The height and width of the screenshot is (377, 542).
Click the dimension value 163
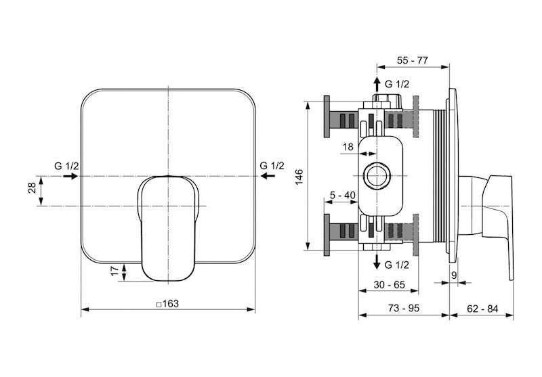click(x=171, y=304)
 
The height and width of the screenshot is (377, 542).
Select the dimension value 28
click(x=32, y=187)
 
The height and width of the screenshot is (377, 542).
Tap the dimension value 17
click(x=114, y=271)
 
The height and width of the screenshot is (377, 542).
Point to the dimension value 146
click(x=299, y=177)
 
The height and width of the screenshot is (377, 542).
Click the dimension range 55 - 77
click(x=413, y=60)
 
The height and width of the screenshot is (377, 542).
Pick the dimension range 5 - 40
click(x=342, y=196)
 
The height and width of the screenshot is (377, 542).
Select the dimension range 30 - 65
click(x=389, y=285)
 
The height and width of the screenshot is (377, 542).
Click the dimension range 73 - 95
click(x=403, y=308)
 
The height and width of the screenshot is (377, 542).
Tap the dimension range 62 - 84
click(x=482, y=309)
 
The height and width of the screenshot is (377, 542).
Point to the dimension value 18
click(x=348, y=147)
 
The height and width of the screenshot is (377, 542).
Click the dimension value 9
click(x=454, y=275)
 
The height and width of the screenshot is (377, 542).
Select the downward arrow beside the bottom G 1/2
click(x=377, y=261)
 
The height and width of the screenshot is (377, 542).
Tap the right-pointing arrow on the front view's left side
click(x=70, y=176)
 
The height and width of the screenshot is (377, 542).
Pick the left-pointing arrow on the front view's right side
click(x=268, y=176)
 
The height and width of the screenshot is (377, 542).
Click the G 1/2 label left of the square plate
click(x=66, y=166)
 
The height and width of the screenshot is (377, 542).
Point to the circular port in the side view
click(x=377, y=176)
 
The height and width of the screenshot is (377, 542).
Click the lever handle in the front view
click(x=168, y=228)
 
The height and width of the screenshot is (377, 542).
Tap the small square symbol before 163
click(x=159, y=305)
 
